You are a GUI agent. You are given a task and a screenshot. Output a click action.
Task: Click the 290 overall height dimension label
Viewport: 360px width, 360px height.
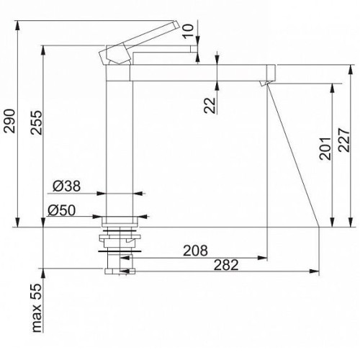click(10, 121)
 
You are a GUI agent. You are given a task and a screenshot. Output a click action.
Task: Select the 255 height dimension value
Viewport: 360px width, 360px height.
click(37, 122)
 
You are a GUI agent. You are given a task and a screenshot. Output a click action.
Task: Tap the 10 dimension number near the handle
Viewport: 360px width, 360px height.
click(188, 30)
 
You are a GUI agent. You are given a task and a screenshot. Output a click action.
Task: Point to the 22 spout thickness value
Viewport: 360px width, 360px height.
click(210, 105)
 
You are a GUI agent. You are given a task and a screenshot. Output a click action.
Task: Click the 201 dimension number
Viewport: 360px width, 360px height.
click(325, 149)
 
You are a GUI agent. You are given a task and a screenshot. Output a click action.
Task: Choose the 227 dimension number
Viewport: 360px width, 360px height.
click(344, 140)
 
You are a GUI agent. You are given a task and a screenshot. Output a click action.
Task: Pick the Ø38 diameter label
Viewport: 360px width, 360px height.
click(67, 186)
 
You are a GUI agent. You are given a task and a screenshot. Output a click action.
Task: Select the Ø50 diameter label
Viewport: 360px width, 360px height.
click(62, 210)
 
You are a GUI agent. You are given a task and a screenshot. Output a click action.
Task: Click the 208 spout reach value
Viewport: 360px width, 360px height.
click(195, 251)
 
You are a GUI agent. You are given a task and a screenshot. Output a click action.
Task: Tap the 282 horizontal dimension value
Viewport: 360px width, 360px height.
click(226, 265)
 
